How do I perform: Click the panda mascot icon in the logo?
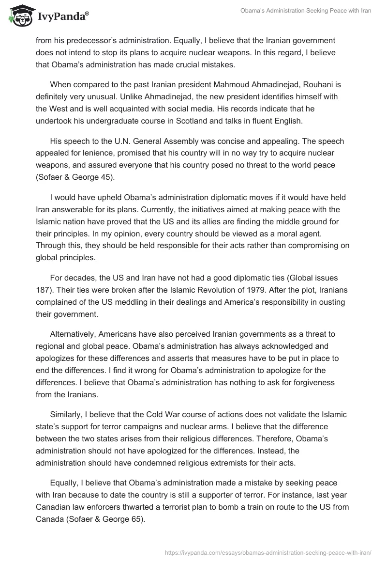pyautogui.click(x=18, y=16)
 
